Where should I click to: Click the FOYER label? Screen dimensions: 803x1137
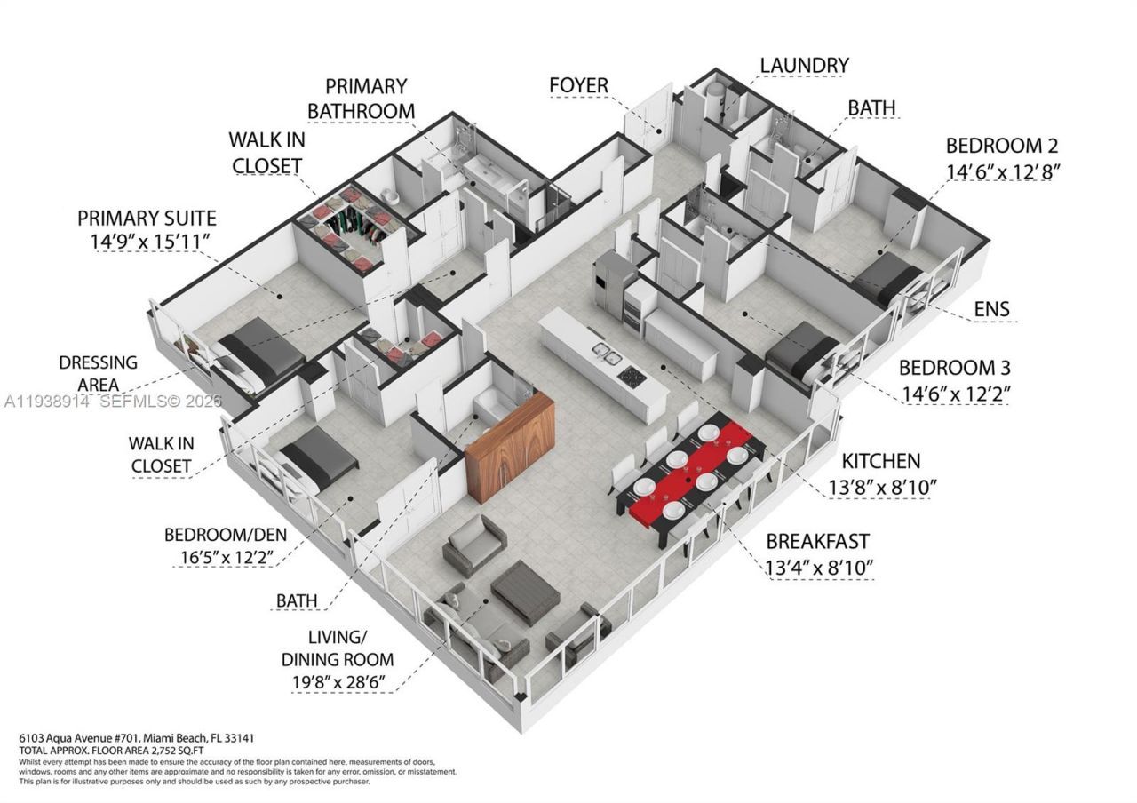click(578, 85)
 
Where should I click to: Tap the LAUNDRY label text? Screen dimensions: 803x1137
click(804, 65)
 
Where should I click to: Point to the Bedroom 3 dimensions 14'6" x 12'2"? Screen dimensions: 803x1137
click(955, 391)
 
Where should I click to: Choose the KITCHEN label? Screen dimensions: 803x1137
click(880, 461)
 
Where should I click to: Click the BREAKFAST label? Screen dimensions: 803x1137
click(817, 541)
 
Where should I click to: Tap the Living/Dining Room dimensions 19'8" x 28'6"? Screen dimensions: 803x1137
click(338, 682)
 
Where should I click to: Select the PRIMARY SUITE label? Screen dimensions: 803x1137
click(147, 218)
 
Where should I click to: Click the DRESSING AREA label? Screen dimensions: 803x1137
click(98, 373)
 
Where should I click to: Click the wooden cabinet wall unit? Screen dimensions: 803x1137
click(510, 435)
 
